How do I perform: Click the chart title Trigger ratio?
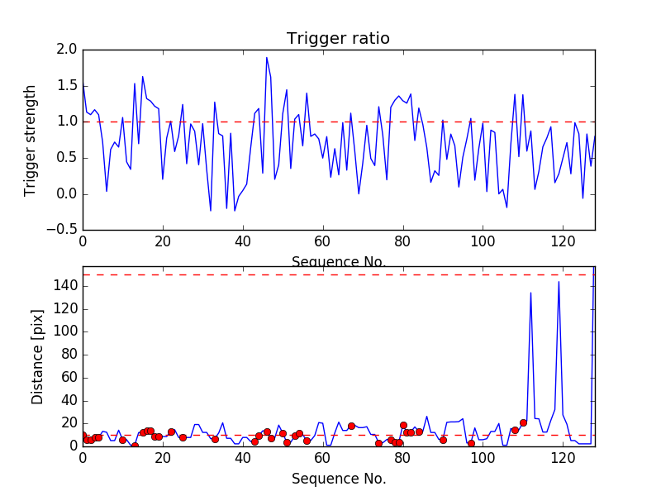[x=338, y=39]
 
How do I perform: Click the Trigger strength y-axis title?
[x=31, y=140]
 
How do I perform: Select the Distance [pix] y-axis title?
[x=37, y=355]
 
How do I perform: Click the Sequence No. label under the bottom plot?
[x=338, y=479]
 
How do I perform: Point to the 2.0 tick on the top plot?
[x=68, y=50]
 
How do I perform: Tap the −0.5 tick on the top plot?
[x=63, y=230]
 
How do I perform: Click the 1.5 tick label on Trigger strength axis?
[x=68, y=86]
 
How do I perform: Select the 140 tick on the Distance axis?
[x=64, y=286]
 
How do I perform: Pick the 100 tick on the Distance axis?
[x=64, y=331]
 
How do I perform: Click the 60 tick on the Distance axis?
[x=68, y=377]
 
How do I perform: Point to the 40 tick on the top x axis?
[x=242, y=242]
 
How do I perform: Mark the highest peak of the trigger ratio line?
[x=267, y=57]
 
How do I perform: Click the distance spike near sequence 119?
[x=559, y=282]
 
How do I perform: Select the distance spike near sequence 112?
[x=530, y=293]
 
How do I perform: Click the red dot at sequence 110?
[x=523, y=422]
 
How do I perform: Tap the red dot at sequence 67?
[x=351, y=426]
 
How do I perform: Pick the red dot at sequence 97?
[x=471, y=443]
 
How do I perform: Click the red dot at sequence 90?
[x=443, y=440]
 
